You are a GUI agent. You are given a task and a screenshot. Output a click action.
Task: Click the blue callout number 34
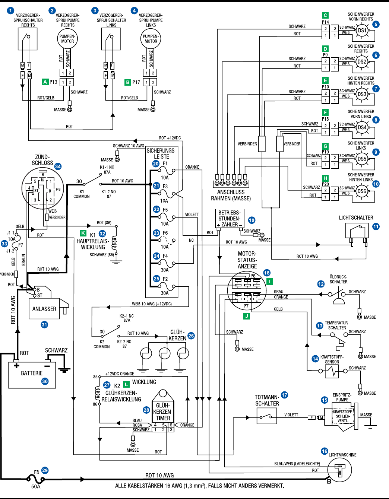58,166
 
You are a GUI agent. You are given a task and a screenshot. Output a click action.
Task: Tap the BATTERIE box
32,375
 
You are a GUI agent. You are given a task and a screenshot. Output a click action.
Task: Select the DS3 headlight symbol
362,95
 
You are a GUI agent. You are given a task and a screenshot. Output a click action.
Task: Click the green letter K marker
83,233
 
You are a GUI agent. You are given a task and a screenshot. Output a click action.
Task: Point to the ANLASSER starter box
44,309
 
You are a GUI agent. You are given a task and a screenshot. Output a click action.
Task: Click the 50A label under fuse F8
36,486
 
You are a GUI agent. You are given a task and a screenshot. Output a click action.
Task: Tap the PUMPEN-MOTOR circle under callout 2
67,39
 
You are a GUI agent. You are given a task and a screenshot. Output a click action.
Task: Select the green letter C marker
325,15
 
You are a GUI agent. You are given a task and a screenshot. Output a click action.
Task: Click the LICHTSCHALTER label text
356,218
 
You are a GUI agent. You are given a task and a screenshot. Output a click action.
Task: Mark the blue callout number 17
285,395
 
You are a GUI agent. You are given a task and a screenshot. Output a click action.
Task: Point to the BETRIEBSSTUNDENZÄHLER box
230,219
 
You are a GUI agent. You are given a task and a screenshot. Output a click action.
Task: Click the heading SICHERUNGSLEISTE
161,153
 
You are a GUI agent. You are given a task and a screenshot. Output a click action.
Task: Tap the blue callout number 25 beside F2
156,279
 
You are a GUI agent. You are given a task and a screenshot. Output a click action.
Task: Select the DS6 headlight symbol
362,191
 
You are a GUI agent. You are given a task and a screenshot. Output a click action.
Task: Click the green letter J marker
246,316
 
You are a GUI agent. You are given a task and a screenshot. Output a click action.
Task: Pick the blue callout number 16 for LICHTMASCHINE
325,451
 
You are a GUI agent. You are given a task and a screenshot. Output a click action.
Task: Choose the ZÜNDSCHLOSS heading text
42,160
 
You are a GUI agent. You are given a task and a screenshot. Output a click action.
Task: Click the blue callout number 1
11,11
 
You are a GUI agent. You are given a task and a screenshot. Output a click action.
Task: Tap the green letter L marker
126,384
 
